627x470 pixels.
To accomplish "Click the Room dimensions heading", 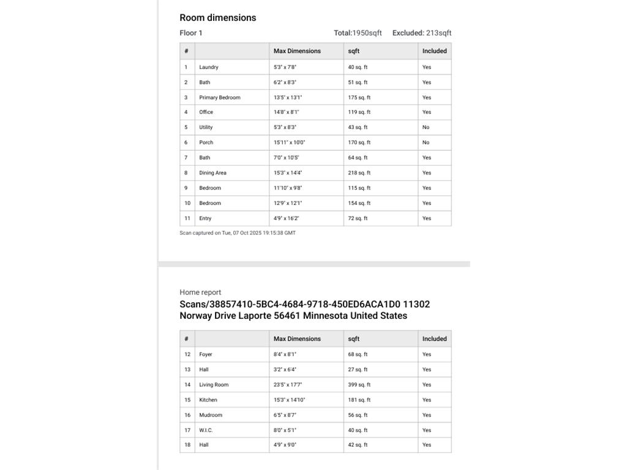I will click(217, 18).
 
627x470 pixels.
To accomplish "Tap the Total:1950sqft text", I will click(358, 33).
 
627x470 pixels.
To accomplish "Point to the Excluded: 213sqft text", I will click(422, 33).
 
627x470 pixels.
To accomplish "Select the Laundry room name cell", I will click(209, 67).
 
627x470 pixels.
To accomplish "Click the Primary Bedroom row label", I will click(220, 97).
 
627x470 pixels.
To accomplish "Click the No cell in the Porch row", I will click(426, 143).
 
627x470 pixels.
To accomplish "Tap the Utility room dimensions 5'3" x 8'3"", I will click(285, 127).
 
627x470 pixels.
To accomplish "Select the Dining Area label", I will click(212, 173).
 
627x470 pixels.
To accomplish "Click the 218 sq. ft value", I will click(359, 173).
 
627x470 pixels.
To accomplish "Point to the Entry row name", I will click(205, 218).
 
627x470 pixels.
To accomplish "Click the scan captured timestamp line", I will click(238, 233).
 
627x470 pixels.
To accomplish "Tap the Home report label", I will click(200, 293).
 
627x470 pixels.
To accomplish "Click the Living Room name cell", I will click(214, 385).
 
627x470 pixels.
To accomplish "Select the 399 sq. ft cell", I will click(359, 385).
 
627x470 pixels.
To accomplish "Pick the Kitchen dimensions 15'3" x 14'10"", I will click(290, 400).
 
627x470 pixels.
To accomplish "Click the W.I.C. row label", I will click(206, 430).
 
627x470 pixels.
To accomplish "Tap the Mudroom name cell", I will click(211, 415).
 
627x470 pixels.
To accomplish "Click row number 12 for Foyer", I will click(187, 354).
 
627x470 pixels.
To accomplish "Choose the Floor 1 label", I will click(191, 33).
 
